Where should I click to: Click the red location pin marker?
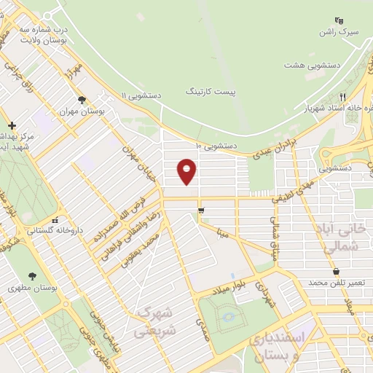(x=188, y=172)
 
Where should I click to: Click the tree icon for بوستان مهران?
(x=82, y=101)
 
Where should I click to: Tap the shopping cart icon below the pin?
(x=201, y=211)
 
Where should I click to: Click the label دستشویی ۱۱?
(x=142, y=95)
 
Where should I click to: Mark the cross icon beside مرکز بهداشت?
(x=12, y=125)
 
